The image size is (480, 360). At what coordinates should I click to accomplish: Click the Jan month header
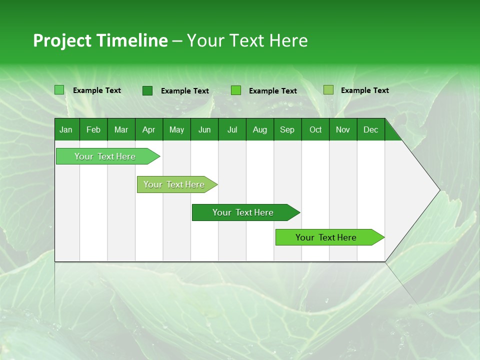point(66,130)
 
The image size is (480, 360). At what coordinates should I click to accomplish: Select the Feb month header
point(93,130)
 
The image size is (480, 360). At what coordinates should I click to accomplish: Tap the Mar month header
point(121,130)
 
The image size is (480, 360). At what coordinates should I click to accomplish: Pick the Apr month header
point(148,130)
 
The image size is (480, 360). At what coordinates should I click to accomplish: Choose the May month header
point(176,130)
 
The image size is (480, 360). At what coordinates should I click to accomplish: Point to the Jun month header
point(204,130)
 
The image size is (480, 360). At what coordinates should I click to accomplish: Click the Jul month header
point(232,130)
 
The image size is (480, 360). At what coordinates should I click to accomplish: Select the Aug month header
point(259,130)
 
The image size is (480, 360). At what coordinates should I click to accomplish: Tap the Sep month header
point(287,130)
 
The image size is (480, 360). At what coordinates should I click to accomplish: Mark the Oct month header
point(315,130)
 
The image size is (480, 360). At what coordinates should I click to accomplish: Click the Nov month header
point(343,130)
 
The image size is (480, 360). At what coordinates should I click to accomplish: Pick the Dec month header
point(370,130)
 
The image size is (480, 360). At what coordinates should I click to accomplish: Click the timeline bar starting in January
point(105,156)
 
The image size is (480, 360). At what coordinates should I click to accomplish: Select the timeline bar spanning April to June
point(174,184)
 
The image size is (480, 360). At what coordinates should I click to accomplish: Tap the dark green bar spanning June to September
point(243,212)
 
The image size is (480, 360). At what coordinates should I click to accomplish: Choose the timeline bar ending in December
point(326,237)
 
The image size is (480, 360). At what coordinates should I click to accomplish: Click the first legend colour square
point(59,90)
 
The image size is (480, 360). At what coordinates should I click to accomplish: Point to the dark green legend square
point(147,90)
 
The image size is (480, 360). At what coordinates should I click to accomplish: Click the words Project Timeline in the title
point(100,40)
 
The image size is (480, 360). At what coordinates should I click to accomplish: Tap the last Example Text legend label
point(364,90)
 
